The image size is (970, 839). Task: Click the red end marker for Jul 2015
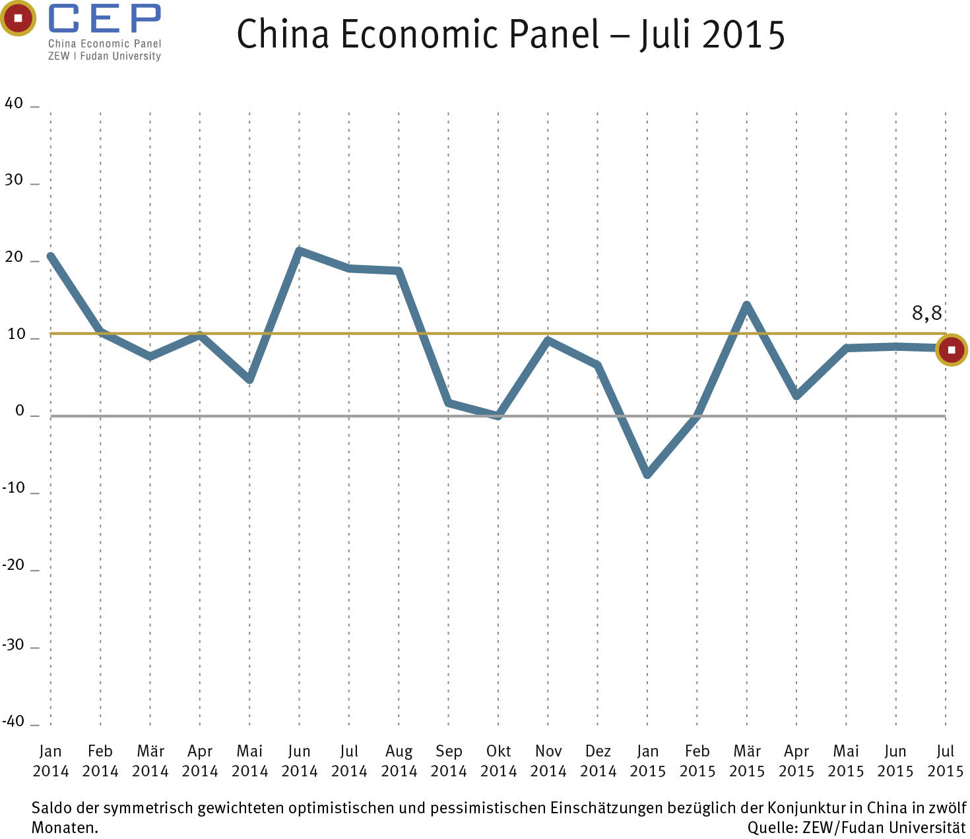pos(951,350)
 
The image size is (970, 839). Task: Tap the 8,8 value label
pos(926,313)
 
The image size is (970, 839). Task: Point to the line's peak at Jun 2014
pos(300,251)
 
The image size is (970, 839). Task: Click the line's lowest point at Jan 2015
pos(647,474)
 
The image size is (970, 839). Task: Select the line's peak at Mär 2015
pos(746,305)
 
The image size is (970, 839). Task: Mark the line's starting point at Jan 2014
pos(51,257)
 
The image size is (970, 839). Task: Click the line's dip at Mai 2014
pos(249,380)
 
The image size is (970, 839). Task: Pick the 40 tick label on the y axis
pos(14,104)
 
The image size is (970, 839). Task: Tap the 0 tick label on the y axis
pos(19,411)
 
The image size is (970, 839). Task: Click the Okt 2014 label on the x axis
pos(498,761)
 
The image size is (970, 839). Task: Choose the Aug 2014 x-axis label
pos(399,761)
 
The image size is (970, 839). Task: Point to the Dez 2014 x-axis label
pos(598,761)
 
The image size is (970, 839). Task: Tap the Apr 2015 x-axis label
pos(796,761)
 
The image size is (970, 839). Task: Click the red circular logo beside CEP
pos(18,18)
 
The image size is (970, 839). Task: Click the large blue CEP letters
pos(104,18)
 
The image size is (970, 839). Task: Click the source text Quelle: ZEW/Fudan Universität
pos(856,827)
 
